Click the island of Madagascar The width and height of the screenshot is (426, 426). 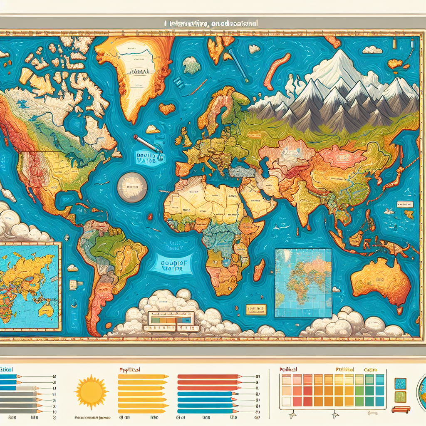[259, 270]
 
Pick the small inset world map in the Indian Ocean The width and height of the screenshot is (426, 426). [303, 283]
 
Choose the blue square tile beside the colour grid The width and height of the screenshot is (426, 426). [400, 384]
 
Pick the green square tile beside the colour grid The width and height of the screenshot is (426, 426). [400, 397]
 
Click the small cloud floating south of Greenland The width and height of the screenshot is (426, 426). [153, 129]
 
